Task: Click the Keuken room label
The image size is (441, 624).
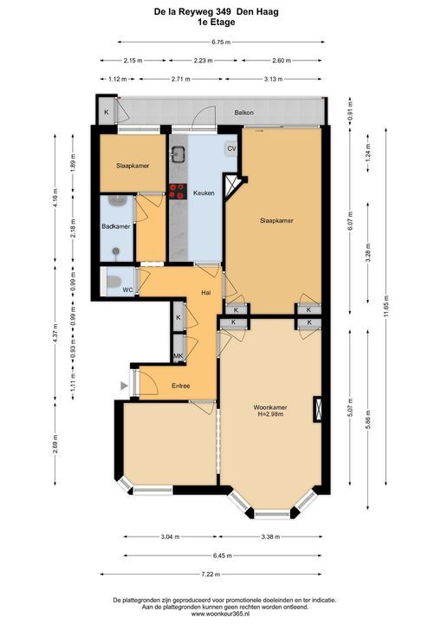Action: pos(204,193)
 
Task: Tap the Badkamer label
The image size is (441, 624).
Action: pos(116,226)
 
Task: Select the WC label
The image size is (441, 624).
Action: pos(127,289)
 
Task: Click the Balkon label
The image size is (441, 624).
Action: pos(243,113)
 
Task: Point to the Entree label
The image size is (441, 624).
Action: pos(181,386)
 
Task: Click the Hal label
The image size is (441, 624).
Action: pos(206,293)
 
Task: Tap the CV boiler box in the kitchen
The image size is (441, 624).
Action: pos(231,149)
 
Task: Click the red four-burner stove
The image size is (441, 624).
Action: pos(178,191)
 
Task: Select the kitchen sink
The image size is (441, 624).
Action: pos(178,154)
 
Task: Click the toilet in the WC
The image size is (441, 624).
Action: pos(113,282)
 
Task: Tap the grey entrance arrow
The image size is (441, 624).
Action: pos(124,386)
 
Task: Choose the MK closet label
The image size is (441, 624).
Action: pos(178,356)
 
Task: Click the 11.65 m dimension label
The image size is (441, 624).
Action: pos(386,306)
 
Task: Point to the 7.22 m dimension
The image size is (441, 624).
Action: pos(211,575)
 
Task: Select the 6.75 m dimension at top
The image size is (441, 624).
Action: pos(221,42)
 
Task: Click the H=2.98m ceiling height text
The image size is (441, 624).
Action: pos(270,414)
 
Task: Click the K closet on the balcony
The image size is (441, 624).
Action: pos(107,112)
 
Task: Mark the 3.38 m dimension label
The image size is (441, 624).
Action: pos(270,536)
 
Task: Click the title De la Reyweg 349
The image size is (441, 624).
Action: pos(193,12)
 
